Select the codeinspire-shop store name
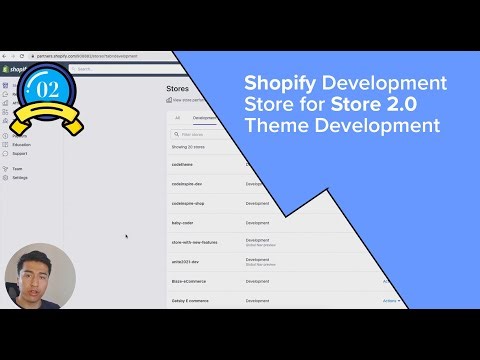click(x=188, y=204)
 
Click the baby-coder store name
click(x=183, y=223)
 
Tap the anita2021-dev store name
click(x=186, y=261)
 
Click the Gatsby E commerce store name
click(x=190, y=300)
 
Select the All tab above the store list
click(x=177, y=117)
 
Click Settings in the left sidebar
click(x=20, y=177)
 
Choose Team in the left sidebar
click(x=17, y=169)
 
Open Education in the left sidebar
click(x=22, y=145)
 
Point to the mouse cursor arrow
click(x=126, y=237)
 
